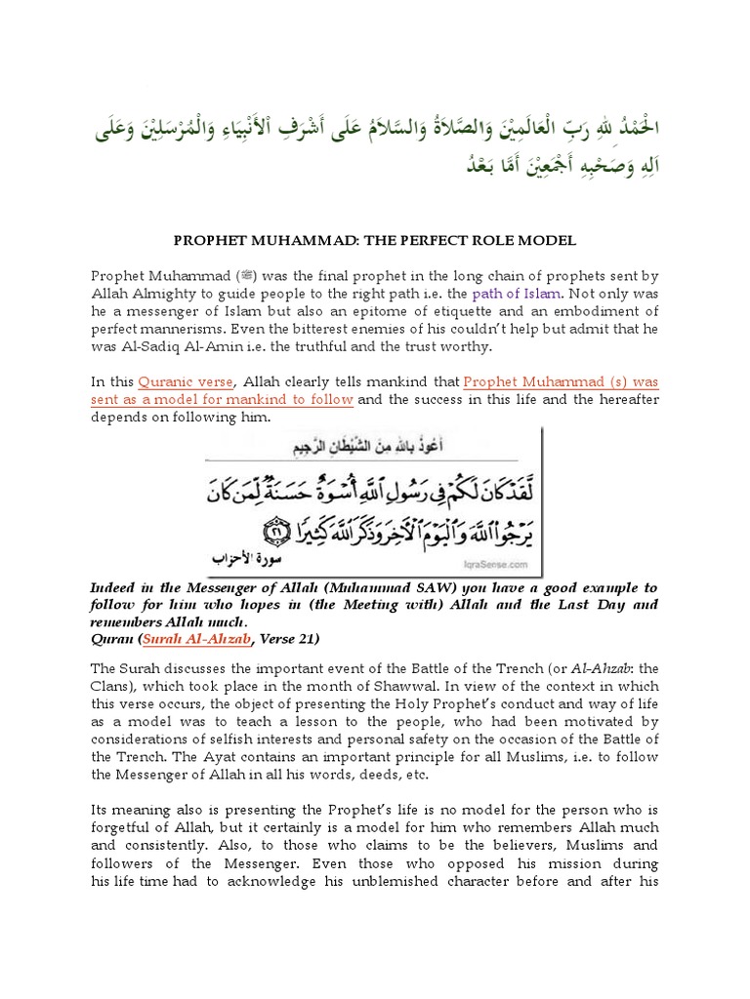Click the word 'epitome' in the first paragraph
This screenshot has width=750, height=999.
[x=296, y=311]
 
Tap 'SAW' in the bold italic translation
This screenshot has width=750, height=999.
[x=386, y=588]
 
